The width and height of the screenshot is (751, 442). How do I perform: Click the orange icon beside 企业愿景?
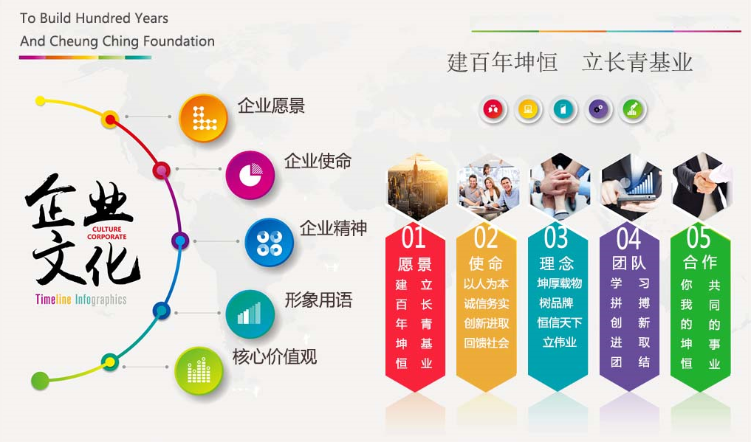click(x=202, y=117)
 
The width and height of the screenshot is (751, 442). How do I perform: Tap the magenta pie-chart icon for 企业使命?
click(x=250, y=175)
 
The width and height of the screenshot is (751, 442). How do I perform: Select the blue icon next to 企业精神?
click(x=269, y=242)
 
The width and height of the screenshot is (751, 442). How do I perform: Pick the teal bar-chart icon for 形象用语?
click(x=250, y=314)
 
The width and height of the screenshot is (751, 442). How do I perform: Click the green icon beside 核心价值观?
click(x=199, y=370)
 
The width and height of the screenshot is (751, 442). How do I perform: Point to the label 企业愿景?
click(x=271, y=106)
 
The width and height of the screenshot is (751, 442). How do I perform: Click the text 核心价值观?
click(x=274, y=357)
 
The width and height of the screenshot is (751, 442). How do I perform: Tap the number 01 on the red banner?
click(x=414, y=238)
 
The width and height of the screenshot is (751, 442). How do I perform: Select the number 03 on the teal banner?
click(x=556, y=238)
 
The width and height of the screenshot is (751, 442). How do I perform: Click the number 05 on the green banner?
click(x=698, y=238)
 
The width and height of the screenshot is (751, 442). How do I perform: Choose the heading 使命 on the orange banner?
click(x=485, y=263)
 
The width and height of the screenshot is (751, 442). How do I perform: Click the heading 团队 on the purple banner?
click(x=628, y=263)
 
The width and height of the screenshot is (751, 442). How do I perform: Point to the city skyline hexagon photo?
click(x=417, y=184)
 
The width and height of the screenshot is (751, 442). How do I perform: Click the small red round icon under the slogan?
click(x=492, y=110)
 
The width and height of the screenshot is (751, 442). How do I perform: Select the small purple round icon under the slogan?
click(x=598, y=110)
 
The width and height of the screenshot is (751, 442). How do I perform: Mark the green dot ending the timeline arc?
click(x=40, y=381)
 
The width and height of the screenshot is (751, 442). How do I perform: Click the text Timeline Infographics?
click(x=80, y=300)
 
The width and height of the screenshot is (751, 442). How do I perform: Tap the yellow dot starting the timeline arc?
click(x=41, y=101)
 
